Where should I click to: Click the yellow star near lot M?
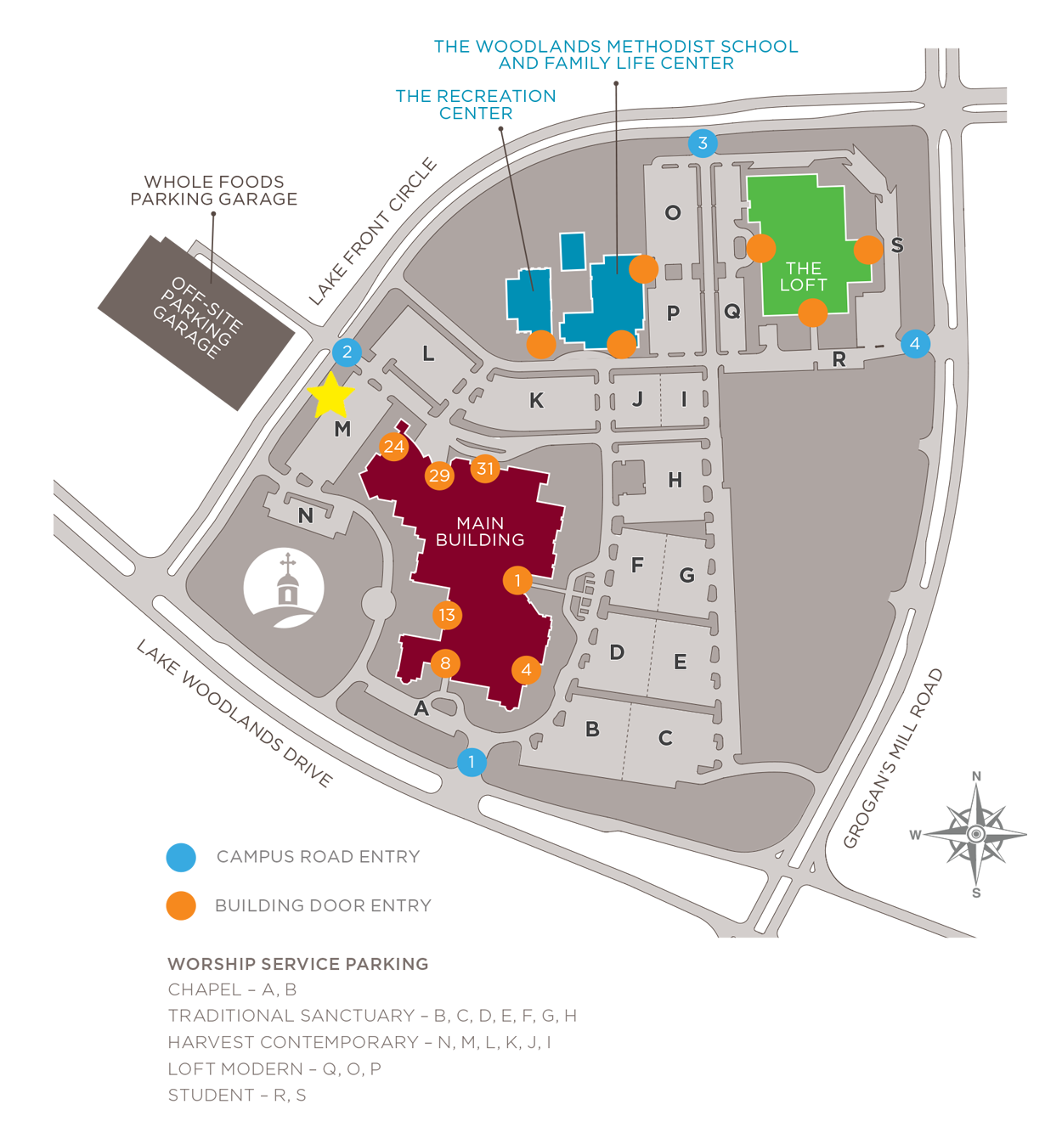click(330, 397)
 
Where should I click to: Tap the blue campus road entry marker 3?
click(703, 143)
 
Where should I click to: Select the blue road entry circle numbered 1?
click(472, 762)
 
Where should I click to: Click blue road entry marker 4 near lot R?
click(915, 344)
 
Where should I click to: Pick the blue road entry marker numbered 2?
click(347, 352)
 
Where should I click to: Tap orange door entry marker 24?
click(393, 447)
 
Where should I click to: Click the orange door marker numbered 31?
click(485, 468)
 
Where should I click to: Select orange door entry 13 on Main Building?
click(447, 615)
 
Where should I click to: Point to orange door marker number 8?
click(445, 662)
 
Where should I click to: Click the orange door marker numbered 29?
click(439, 476)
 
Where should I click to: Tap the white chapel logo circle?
click(284, 588)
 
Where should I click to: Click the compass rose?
click(975, 834)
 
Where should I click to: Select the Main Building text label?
click(480, 532)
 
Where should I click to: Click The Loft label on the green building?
click(803, 277)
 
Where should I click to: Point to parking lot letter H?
click(675, 481)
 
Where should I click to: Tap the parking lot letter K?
click(536, 401)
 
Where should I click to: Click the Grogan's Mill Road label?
click(894, 758)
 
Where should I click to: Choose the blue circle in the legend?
click(181, 857)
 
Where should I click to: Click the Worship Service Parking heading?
click(298, 964)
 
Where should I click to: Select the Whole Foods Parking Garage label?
click(214, 190)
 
